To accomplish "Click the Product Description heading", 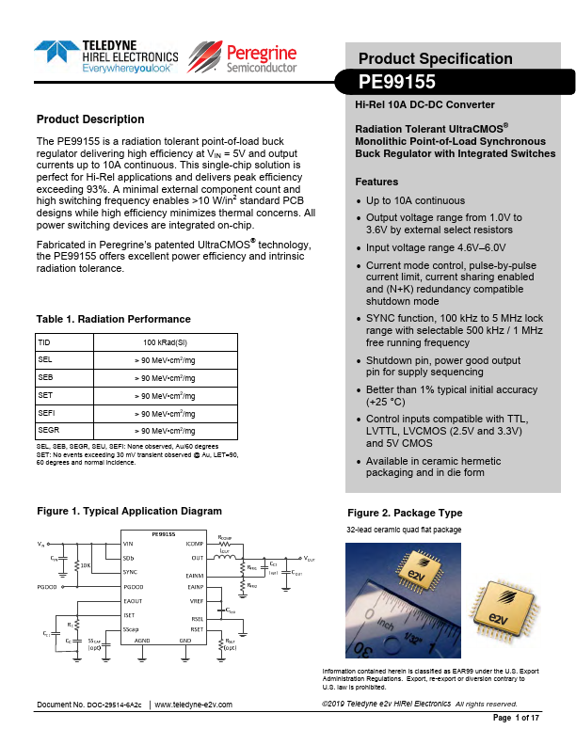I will coord(90,119).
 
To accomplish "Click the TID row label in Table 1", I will coord(43,341).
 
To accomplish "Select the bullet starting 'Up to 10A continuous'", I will coord(415,200).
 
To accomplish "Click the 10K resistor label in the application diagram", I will coord(85,566).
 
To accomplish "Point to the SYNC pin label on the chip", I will coord(131,571).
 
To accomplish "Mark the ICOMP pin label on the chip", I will coord(194,544).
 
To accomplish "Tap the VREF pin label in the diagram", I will coord(197,599).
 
